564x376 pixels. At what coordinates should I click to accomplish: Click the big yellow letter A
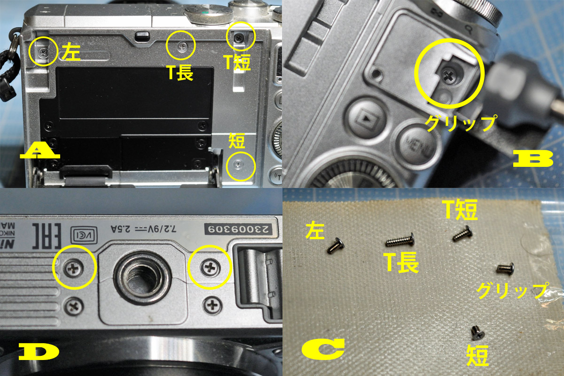40,153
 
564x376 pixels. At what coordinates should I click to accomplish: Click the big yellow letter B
533,158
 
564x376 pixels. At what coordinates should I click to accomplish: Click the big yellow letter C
323,348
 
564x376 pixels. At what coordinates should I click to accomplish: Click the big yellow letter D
39,352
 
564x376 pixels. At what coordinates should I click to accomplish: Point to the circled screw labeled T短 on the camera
240,36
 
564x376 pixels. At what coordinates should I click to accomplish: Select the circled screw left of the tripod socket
74,269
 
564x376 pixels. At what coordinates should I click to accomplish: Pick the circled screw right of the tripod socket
209,268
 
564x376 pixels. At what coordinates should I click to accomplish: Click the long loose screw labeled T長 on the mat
400,242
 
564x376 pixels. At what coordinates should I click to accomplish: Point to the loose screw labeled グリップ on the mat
505,268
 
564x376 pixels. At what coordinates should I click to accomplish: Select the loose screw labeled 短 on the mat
476,332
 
